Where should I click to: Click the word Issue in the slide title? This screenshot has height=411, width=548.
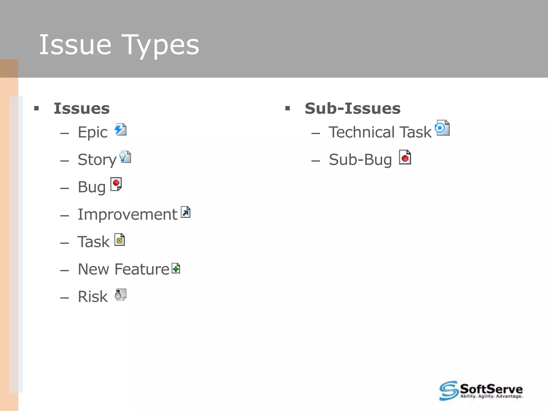[x=75, y=45]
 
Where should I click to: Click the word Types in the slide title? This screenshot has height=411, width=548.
[x=162, y=45]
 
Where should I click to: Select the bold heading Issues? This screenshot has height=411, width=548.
[x=82, y=108]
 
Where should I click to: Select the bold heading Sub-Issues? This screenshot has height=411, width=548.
[x=352, y=108]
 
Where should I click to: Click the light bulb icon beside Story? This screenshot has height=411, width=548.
[x=125, y=157]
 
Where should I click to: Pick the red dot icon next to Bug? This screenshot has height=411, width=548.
[x=116, y=184]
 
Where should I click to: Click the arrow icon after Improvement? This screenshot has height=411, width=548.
[x=185, y=212]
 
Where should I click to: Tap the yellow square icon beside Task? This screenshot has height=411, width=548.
[x=120, y=240]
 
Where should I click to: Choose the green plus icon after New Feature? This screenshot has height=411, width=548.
[x=176, y=268]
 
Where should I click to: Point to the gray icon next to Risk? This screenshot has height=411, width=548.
[x=120, y=295]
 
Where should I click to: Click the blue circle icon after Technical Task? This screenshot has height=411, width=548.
[x=442, y=128]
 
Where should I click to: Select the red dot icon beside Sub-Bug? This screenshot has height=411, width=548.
[x=405, y=157]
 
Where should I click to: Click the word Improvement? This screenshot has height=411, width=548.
[x=127, y=215]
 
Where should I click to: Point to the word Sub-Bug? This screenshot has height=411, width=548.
[x=360, y=160]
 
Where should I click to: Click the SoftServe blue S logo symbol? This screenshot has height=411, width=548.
[x=448, y=391]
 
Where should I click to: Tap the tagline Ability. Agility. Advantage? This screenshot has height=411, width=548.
[x=491, y=397]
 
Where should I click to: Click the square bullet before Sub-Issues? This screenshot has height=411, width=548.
[x=288, y=108]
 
